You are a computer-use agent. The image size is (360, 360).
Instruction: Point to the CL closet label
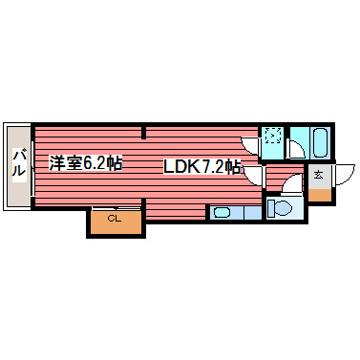[115, 220]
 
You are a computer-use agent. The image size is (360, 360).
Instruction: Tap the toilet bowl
[281, 207]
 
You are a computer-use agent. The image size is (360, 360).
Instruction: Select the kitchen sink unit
[235, 212]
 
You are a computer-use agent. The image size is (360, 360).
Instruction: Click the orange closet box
[116, 222]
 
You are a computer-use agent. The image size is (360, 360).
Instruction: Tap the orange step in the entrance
[318, 194]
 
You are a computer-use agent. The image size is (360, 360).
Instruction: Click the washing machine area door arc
[250, 145]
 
